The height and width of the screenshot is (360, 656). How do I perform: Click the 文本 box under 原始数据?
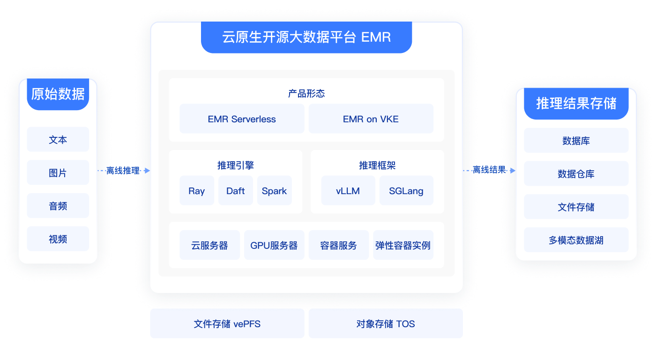pos(58,140)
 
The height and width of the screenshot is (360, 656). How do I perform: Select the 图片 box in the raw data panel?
pos(58,172)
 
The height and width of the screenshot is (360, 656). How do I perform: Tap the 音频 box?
pos(58,206)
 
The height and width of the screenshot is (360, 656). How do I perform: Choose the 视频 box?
pos(58,239)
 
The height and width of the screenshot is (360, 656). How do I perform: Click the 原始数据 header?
pos(58,94)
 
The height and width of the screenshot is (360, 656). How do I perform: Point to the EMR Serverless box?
pos(242,119)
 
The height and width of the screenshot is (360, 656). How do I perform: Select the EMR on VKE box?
pos(371,119)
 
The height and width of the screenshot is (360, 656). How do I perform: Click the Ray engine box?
pos(197,191)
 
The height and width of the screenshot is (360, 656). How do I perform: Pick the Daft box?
pos(236,191)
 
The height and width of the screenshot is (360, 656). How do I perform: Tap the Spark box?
pos(275,191)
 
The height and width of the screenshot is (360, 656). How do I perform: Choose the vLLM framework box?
pos(348,191)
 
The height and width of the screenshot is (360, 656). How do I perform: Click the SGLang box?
pos(406,191)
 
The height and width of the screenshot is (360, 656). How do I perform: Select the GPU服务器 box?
pos(274,245)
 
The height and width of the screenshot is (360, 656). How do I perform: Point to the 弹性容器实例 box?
pos(403,245)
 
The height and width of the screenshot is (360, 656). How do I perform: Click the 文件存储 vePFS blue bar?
pos(227,323)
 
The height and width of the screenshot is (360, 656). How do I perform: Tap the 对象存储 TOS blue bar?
pos(385,323)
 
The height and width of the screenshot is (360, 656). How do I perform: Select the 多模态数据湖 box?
pos(576,240)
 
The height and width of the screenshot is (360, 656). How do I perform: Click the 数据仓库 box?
pos(576,174)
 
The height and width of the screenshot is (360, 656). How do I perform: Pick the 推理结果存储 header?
pos(576,103)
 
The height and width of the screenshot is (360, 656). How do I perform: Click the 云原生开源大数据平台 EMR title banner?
pos(306,37)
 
